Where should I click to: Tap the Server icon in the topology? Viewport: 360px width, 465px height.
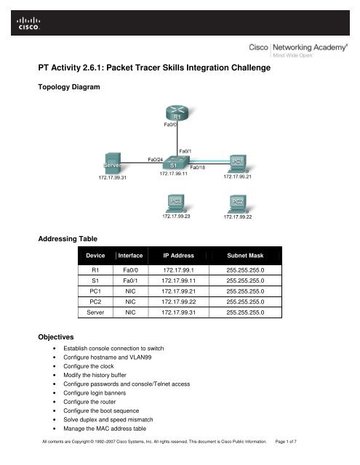[x=111, y=163]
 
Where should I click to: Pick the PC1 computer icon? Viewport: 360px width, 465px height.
[x=237, y=161]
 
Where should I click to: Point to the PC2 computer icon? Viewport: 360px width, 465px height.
[x=237, y=202]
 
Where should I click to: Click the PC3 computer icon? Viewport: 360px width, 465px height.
[x=175, y=202]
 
